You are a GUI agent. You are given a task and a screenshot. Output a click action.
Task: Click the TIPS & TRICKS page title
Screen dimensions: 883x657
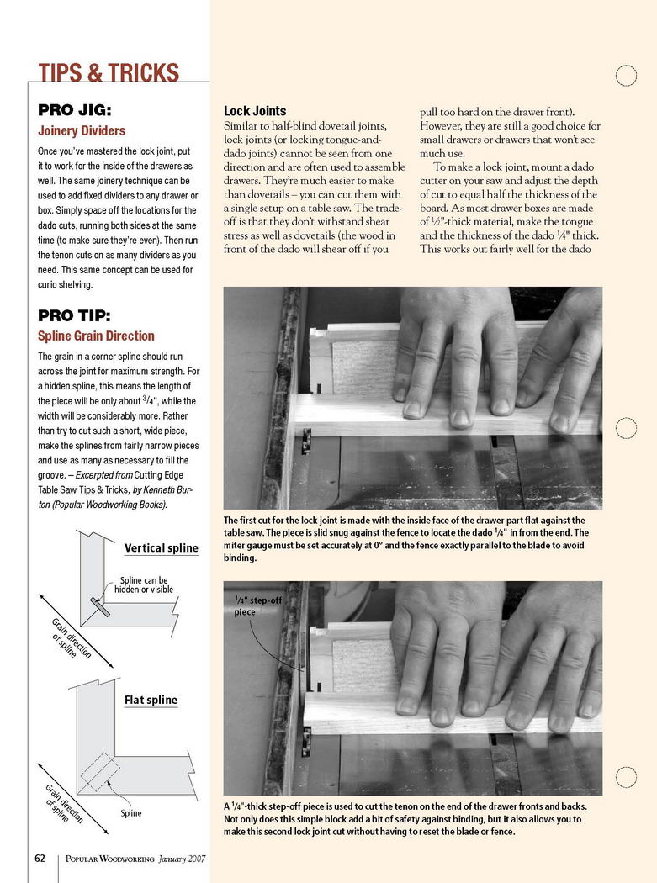click(x=109, y=72)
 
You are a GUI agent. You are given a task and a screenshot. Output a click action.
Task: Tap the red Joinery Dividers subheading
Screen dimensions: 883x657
click(x=82, y=130)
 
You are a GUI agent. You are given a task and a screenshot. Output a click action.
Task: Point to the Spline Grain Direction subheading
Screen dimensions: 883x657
click(x=97, y=336)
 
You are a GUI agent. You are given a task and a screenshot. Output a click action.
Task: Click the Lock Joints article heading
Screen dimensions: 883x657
click(x=255, y=111)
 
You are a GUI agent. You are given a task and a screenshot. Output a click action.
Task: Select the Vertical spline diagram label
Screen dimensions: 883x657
click(x=162, y=548)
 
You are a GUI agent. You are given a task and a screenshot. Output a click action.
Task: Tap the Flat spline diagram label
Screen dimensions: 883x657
click(x=151, y=700)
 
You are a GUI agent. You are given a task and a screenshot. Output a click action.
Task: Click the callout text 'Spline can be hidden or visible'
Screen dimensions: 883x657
click(x=144, y=584)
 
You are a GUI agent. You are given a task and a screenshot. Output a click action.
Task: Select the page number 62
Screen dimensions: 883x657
click(x=40, y=859)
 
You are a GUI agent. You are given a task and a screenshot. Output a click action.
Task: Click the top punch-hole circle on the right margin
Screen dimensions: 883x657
click(x=626, y=76)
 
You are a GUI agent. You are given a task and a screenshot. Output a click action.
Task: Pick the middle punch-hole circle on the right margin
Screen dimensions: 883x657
click(x=626, y=428)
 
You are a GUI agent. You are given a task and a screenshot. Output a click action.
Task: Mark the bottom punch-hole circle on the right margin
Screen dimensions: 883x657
click(x=626, y=777)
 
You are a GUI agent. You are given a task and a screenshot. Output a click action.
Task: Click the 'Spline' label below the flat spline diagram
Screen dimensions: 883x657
click(x=130, y=813)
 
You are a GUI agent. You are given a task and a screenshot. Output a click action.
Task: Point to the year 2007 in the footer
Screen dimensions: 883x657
click(x=197, y=859)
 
